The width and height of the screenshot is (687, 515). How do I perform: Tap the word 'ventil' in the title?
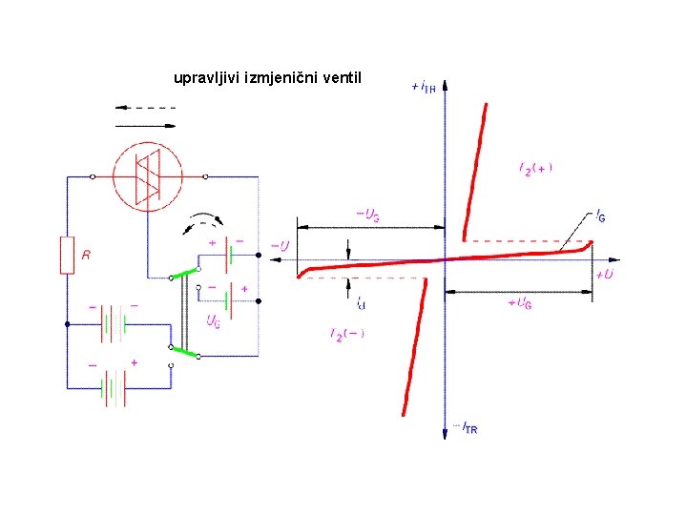(x=343, y=76)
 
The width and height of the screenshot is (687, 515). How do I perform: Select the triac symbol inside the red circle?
(x=149, y=176)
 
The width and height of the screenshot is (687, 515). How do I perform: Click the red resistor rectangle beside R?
(x=67, y=255)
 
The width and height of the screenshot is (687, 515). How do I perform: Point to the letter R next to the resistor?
(x=86, y=256)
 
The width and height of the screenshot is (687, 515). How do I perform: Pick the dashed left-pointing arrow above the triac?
(x=145, y=108)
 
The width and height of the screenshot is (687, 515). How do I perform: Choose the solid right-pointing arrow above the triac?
(x=145, y=125)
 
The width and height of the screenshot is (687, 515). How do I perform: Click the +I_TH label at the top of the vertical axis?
(x=424, y=87)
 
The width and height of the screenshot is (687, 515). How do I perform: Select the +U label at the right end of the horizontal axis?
(x=604, y=275)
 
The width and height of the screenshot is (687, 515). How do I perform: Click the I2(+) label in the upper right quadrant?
(x=535, y=169)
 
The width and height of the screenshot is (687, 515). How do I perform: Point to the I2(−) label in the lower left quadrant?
(x=347, y=334)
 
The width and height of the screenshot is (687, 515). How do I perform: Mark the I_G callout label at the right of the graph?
(x=600, y=217)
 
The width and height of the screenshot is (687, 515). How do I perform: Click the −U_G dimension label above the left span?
(x=367, y=217)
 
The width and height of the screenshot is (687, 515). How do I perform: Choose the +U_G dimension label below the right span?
(x=520, y=302)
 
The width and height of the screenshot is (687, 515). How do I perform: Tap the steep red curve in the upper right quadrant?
(x=474, y=172)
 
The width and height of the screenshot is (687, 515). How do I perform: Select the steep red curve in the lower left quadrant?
(x=414, y=348)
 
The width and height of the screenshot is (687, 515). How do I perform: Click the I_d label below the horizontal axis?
(x=360, y=304)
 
